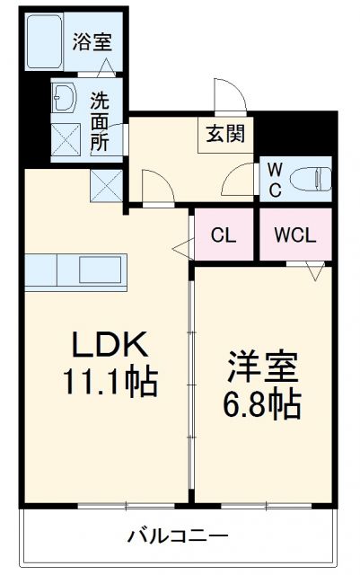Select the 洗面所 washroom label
101,121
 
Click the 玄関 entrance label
224,135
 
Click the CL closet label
224,235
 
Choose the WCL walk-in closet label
294,235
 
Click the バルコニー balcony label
177,536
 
